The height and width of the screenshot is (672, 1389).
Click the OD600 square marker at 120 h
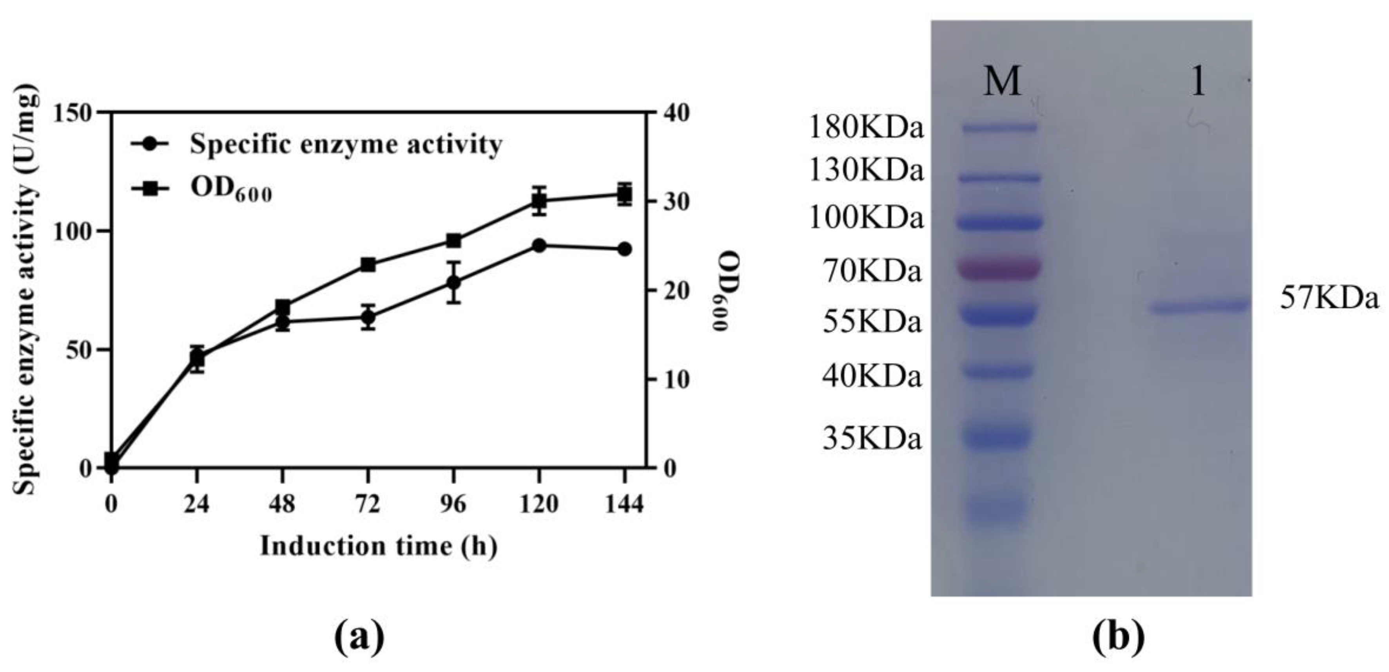[x=539, y=201]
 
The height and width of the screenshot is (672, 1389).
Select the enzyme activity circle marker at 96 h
[x=453, y=282]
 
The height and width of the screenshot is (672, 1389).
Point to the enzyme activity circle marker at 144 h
[x=624, y=249]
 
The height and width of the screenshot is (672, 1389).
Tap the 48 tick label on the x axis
[x=282, y=504]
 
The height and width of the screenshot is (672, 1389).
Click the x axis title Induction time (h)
[x=379, y=546]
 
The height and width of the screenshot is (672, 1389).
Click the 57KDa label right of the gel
[x=1329, y=298]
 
